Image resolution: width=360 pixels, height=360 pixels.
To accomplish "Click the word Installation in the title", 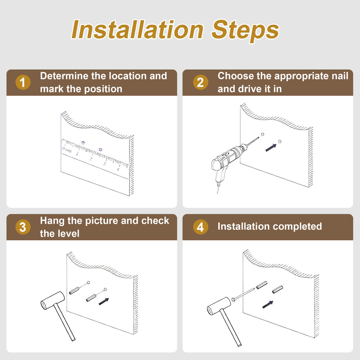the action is coord(137,30).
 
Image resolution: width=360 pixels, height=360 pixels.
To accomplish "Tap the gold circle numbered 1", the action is coord(23,82).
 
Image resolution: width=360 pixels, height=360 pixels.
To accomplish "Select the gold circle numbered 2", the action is coord(200,82).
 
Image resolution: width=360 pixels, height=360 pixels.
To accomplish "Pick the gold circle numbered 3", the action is coord(23,227).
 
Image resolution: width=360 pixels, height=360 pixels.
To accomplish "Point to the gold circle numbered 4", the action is coord(200,227).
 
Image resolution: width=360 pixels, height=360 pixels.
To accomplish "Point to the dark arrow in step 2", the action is coord(271,148).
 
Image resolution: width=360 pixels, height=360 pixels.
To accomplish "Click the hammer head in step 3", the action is coord(53,300).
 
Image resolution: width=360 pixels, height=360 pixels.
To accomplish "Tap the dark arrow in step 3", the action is coord(104,301).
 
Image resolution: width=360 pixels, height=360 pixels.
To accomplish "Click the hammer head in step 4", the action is coord(219,306).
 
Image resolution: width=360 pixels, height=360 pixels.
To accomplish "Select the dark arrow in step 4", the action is coord(268,305).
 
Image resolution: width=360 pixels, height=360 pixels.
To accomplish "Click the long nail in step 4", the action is coord(243,294).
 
